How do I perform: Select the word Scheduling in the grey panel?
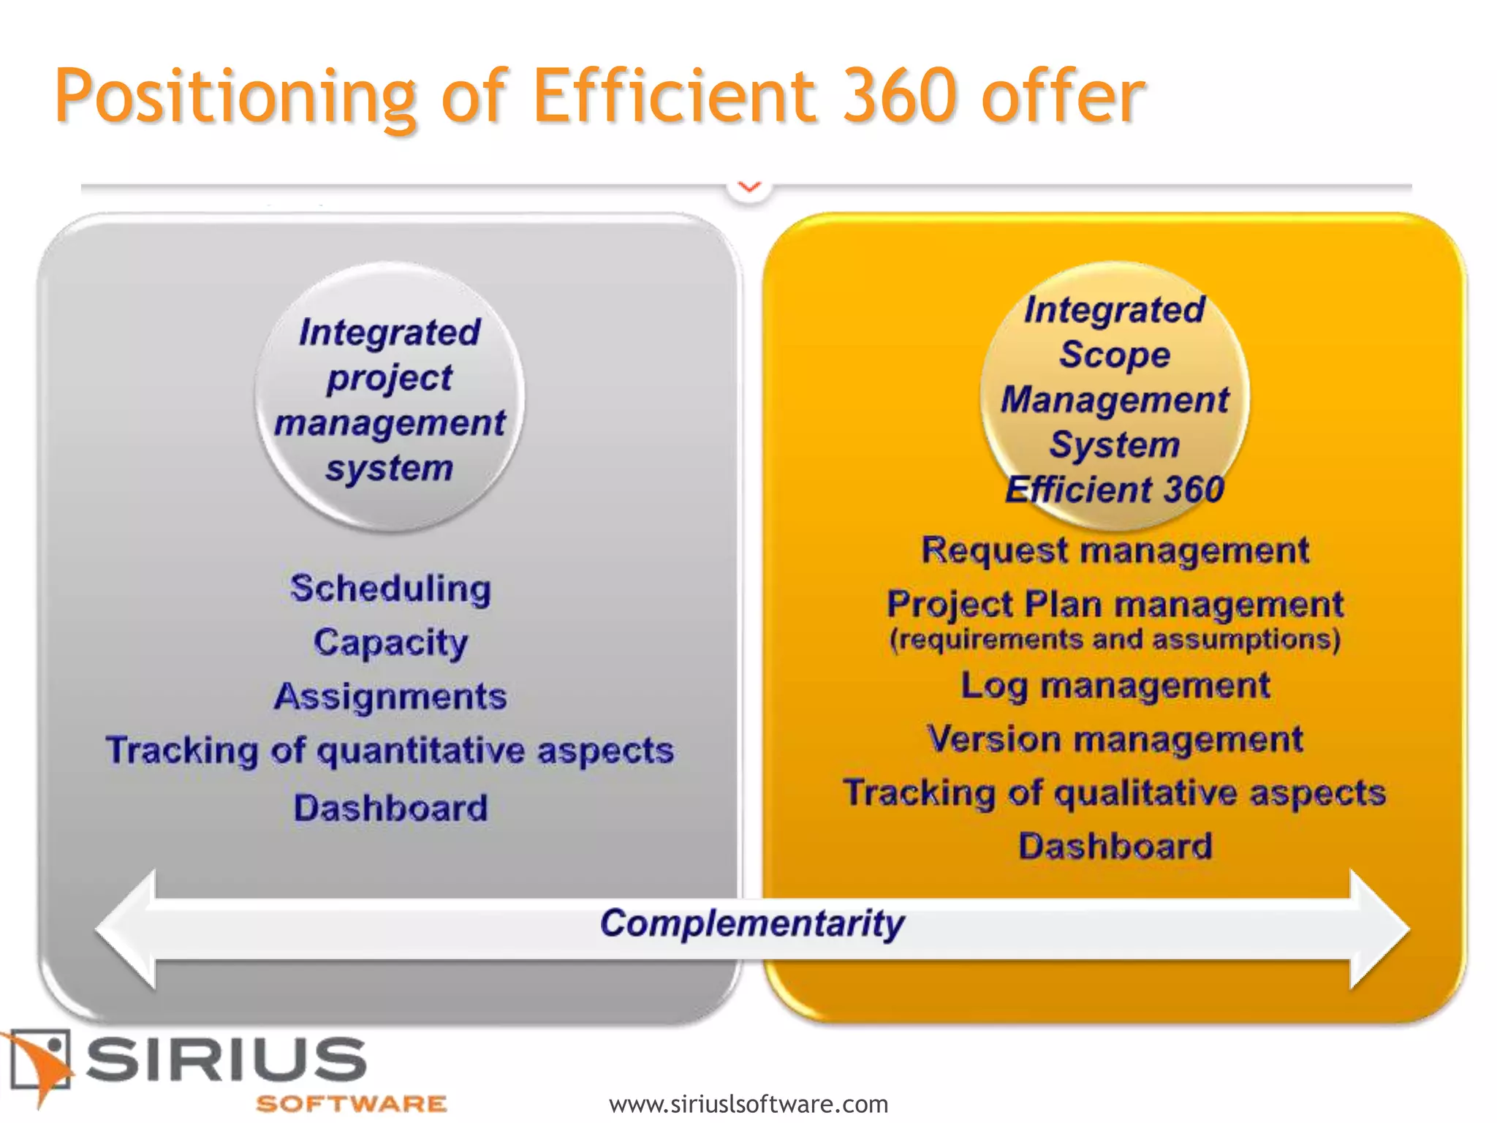390,589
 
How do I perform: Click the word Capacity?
390,643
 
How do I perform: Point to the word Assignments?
390,696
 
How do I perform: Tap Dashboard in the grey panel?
390,808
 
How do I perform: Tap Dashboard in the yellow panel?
1115,847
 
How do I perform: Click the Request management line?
1115,550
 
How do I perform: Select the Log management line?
1115,686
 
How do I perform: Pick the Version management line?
1115,739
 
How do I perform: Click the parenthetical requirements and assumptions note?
1115,640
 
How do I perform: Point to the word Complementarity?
752,923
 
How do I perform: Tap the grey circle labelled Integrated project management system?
390,398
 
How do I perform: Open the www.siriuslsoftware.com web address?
748,1103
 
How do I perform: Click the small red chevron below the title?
749,187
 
